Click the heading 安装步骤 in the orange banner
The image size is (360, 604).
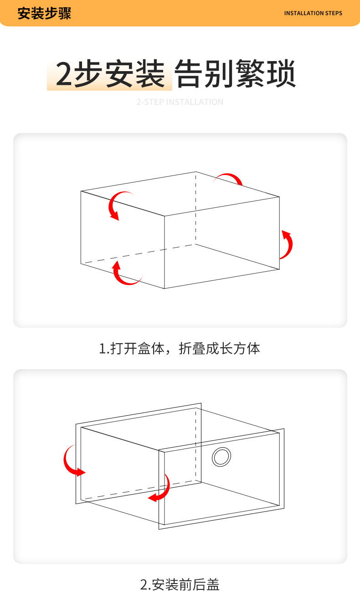coord(44,13)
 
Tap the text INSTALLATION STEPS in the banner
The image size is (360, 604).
coord(313,13)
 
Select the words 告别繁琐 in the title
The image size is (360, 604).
coord(236,74)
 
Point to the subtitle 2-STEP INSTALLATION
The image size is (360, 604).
coord(180,102)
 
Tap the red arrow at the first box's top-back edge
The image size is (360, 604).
coord(231,178)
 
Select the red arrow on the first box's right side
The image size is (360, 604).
coord(287,245)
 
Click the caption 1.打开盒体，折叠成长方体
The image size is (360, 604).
coord(180,349)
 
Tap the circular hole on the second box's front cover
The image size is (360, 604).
coord(221,457)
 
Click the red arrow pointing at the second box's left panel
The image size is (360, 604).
coord(72,461)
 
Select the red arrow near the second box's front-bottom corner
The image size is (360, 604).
coord(161,490)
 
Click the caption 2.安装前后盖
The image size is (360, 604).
coord(180,584)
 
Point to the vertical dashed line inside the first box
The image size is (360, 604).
coord(196,210)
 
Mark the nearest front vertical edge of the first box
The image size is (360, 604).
coord(165,252)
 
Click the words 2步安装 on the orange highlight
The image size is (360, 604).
coord(109,74)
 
